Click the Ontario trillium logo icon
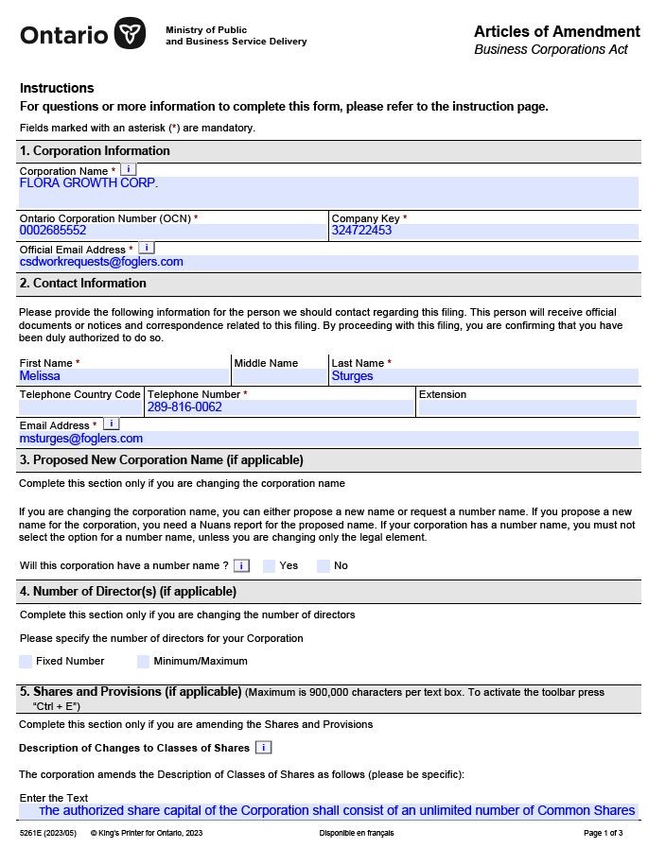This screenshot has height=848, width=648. (131, 34)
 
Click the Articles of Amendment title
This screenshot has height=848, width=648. (556, 32)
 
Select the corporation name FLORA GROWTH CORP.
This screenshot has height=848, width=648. (89, 183)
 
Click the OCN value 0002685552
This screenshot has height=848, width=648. (53, 231)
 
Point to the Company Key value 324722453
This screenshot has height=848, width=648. (361, 231)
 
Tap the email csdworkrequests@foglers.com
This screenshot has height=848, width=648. (101, 262)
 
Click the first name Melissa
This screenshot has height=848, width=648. (40, 376)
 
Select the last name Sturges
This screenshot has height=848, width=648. (352, 376)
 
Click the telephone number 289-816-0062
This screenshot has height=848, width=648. (184, 407)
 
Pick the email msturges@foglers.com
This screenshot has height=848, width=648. (81, 439)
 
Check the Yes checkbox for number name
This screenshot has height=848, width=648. (269, 566)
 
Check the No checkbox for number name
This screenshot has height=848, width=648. (324, 566)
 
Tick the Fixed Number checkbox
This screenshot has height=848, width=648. (26, 662)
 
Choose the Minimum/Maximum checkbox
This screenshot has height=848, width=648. (144, 662)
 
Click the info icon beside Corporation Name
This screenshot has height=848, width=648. (129, 169)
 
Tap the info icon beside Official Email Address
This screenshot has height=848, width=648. (146, 248)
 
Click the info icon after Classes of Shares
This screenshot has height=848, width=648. (263, 748)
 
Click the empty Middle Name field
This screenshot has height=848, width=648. (279, 376)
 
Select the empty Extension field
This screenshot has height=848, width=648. (526, 407)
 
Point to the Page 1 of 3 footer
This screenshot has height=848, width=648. (603, 833)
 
